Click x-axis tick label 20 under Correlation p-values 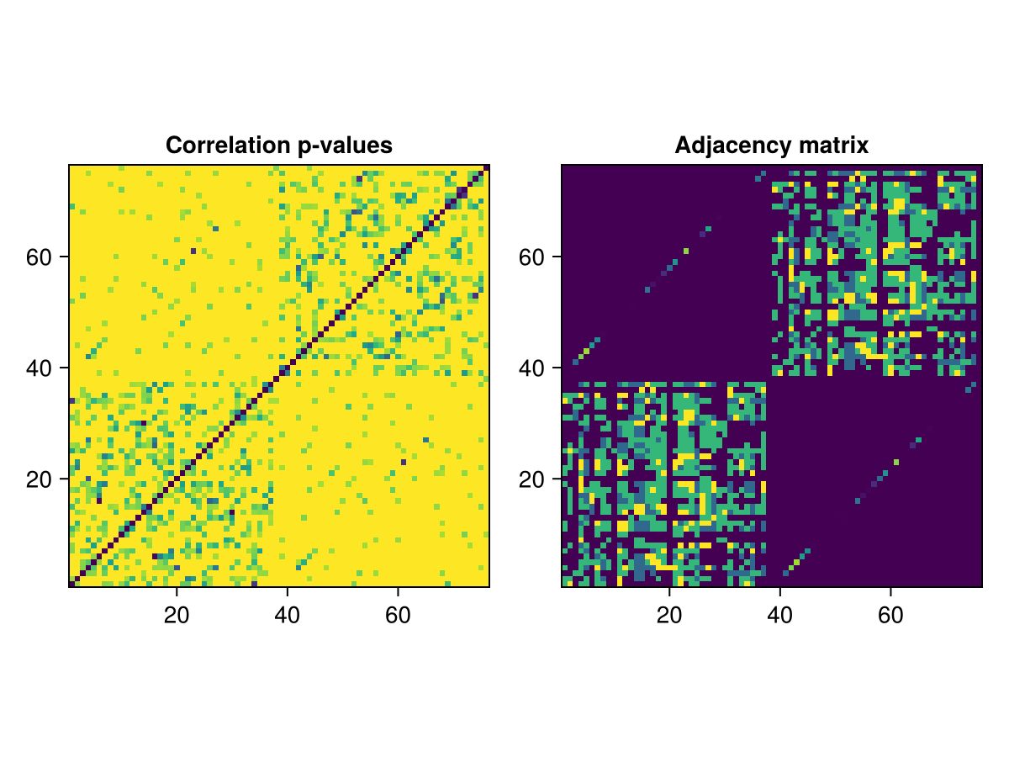point(177,616)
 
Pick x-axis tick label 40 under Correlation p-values point(288,616)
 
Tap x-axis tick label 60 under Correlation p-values point(398,616)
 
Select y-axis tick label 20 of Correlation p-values point(40,479)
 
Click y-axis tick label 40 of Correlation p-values point(40,368)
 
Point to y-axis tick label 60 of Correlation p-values point(40,257)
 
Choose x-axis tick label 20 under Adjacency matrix point(669,616)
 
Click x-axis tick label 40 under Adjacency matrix point(780,616)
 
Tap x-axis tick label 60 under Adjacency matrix point(890,616)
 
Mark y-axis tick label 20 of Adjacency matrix point(532,479)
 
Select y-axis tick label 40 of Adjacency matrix point(532,368)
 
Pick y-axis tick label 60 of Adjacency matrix point(532,257)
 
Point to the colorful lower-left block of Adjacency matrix point(664,484)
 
